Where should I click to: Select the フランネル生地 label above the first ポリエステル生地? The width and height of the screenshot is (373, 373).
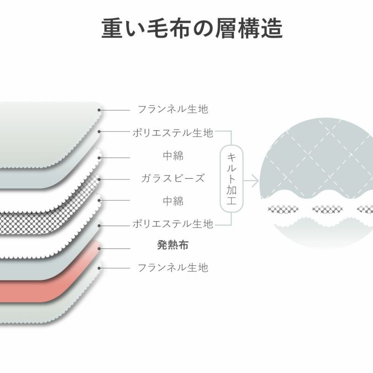tap(173, 110)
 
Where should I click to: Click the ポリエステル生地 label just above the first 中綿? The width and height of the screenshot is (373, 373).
tap(173, 133)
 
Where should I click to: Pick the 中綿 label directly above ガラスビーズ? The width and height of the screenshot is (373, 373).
tap(173, 156)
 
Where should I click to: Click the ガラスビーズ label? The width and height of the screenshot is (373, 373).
tap(173, 178)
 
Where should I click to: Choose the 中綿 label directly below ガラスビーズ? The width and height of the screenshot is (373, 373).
tap(173, 201)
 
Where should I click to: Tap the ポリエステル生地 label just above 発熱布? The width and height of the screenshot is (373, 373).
tap(173, 224)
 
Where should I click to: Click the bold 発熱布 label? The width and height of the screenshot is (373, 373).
tap(173, 245)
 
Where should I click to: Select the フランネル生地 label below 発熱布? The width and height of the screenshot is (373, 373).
tap(173, 268)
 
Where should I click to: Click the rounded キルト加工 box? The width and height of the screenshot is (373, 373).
tap(230, 179)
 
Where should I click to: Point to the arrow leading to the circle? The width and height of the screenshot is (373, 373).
tap(252, 180)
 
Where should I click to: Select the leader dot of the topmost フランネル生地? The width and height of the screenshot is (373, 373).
tap(99, 111)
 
